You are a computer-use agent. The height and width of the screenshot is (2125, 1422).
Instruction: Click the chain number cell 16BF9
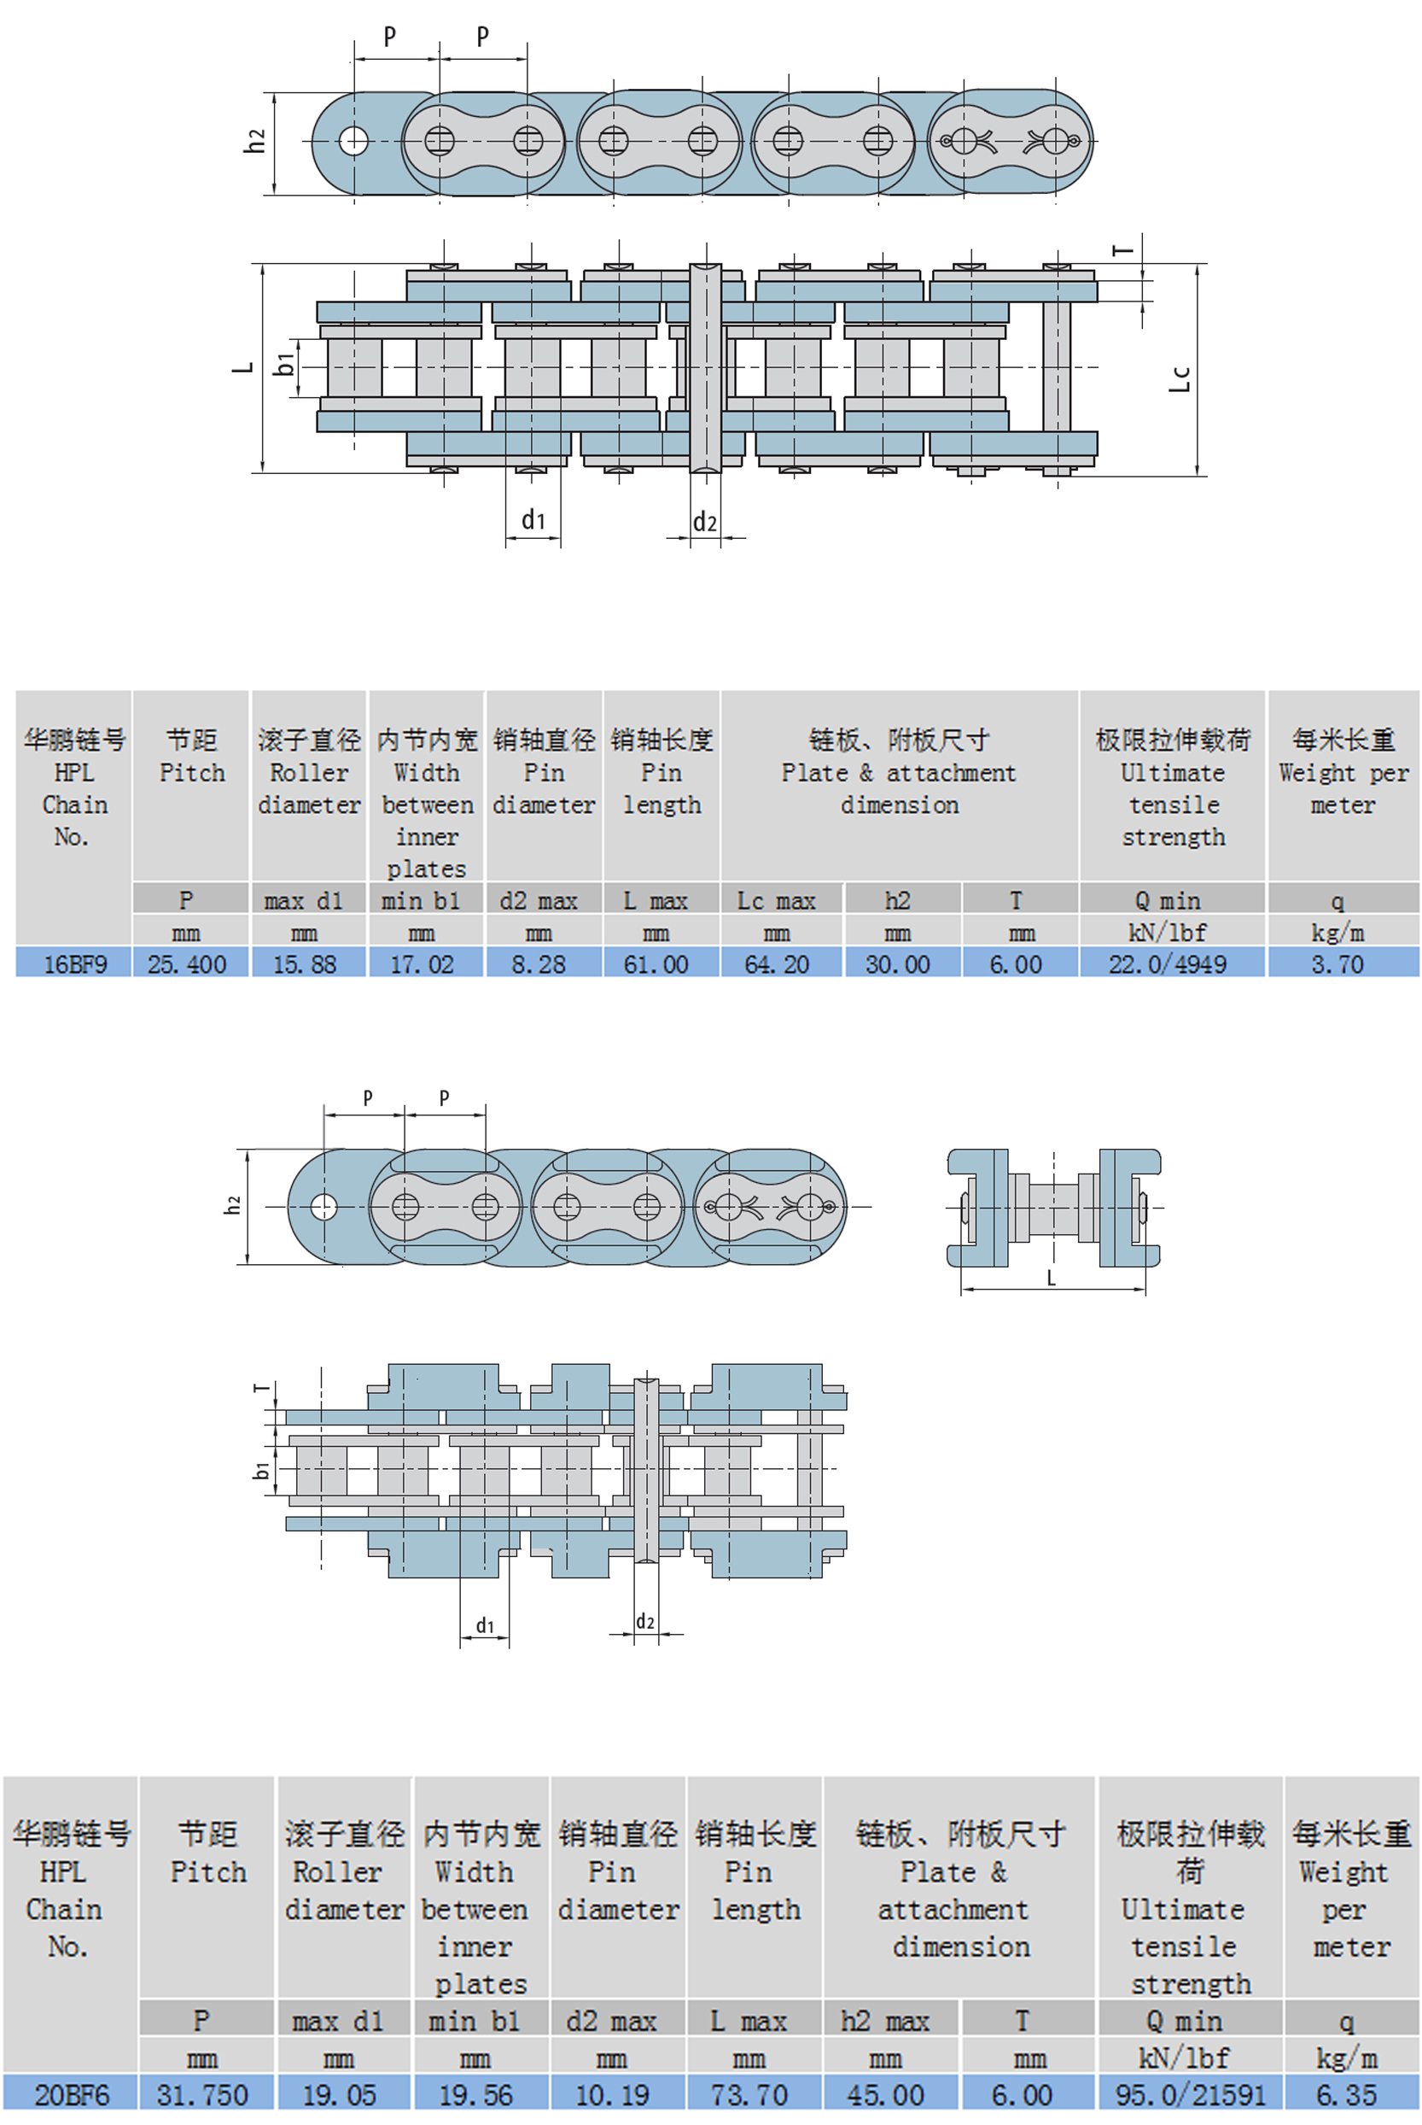coord(74,963)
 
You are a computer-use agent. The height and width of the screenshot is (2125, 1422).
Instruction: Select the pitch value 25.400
coord(187,963)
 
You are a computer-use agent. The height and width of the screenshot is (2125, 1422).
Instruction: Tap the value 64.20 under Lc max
coord(777,963)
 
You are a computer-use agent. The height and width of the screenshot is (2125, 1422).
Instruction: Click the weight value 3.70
coord(1337,963)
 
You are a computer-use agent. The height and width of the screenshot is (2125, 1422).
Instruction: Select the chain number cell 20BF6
coord(71,2094)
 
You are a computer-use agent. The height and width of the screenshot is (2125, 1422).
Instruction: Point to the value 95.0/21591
coord(1189,2094)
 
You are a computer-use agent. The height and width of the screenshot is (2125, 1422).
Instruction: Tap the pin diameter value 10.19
coord(612,2094)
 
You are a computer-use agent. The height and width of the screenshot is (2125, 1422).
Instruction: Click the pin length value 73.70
coord(749,2094)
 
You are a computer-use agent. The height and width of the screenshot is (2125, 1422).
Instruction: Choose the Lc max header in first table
coord(777,900)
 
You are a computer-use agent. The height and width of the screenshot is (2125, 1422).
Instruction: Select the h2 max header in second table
coord(885,2021)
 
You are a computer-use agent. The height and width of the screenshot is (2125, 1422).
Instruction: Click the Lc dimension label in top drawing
coord(1179,378)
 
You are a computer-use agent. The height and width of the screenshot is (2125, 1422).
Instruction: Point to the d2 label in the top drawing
coord(705,522)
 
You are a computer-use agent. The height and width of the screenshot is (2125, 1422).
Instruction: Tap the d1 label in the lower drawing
coord(485,1624)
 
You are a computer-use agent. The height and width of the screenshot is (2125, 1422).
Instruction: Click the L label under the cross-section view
coord(1051,1278)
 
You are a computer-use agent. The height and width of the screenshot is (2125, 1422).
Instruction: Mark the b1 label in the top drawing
coord(285,364)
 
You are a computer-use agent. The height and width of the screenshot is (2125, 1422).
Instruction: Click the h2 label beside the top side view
coord(255,140)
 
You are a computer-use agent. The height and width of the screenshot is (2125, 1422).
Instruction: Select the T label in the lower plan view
coord(262,1388)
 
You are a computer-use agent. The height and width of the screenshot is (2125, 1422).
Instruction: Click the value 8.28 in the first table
coord(539,963)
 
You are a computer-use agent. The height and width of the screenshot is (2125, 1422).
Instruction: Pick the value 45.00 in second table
coord(885,2094)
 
